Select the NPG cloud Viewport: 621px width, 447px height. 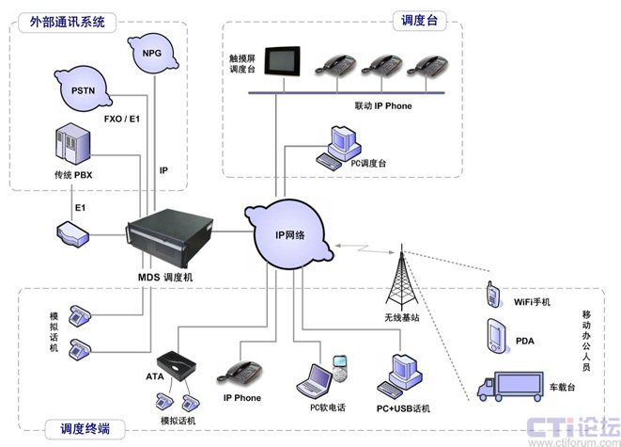(152, 55)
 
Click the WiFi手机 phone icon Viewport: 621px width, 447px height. (490, 295)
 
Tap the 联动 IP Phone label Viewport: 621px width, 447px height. (382, 106)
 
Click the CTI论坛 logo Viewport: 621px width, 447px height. (569, 424)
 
